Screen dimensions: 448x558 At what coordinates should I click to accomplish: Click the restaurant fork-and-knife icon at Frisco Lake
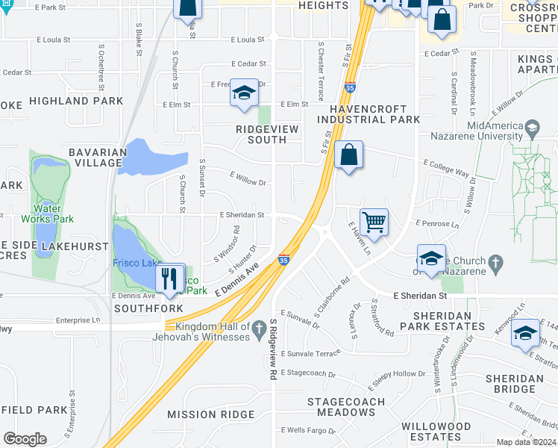(x=170, y=278)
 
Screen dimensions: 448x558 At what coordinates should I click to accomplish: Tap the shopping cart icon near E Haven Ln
(x=373, y=221)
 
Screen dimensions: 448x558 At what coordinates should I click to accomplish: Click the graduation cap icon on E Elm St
(x=243, y=93)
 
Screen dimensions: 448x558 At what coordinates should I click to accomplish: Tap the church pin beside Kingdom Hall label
(x=258, y=327)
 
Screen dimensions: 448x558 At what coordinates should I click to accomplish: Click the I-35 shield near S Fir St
(x=350, y=88)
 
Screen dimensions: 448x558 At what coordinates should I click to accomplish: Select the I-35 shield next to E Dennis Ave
(x=283, y=260)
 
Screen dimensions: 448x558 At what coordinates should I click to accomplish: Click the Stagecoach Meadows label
(x=347, y=406)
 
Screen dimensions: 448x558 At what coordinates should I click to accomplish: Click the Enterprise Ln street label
(x=78, y=321)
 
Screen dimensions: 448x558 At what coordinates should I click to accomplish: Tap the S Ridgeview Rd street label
(x=274, y=349)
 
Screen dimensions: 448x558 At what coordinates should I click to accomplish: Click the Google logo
(x=25, y=439)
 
